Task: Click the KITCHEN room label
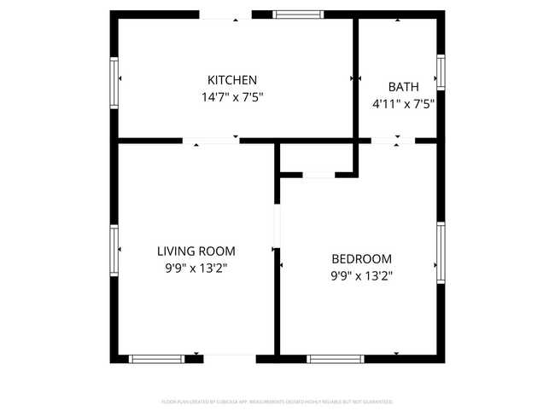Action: [x=232, y=80]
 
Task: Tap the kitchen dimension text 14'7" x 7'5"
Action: [x=232, y=97]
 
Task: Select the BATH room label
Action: [x=403, y=87]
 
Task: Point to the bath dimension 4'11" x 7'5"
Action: [x=403, y=104]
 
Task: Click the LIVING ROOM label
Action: [x=196, y=251]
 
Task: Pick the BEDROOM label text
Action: [x=361, y=259]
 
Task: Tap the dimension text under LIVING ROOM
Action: [x=196, y=269]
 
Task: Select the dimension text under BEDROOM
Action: [x=361, y=276]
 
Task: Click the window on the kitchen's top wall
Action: [x=298, y=14]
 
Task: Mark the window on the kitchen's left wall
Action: [x=114, y=78]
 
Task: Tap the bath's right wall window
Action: [x=441, y=72]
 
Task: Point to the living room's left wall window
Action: [x=114, y=247]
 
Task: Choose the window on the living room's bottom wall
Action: [x=156, y=359]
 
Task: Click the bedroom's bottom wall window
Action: [x=336, y=359]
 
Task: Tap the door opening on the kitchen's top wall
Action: [x=225, y=14]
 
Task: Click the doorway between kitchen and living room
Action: [x=211, y=140]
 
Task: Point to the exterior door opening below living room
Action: [x=228, y=359]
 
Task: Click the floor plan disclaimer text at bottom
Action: [x=277, y=402]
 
